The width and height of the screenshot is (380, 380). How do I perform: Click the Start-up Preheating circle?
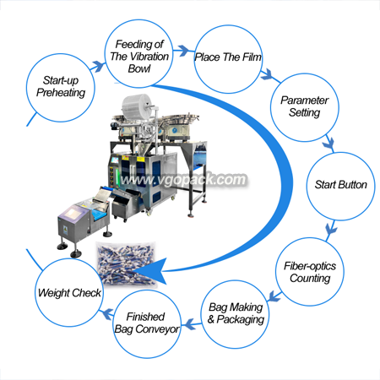click(x=61, y=88)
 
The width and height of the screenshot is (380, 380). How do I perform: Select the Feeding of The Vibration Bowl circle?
click(x=139, y=53)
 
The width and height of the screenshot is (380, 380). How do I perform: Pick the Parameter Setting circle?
click(x=305, y=107)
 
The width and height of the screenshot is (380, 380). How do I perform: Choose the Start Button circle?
click(x=340, y=186)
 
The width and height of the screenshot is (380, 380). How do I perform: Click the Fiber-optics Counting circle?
click(x=310, y=272)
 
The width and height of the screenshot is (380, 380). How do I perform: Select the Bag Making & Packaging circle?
click(x=235, y=314)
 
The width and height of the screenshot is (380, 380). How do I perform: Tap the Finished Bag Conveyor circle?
click(x=147, y=324)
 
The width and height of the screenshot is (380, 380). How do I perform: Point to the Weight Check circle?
click(x=69, y=292)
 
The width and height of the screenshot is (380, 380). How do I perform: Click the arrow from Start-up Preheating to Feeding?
click(x=97, y=67)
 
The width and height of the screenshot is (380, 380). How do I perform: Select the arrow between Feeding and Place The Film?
click(x=183, y=51)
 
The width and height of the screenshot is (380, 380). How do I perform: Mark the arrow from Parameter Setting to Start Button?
click(x=328, y=144)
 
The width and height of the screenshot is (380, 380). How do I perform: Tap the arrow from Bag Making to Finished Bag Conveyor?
click(x=192, y=324)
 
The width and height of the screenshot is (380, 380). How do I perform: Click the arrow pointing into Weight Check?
click(x=107, y=313)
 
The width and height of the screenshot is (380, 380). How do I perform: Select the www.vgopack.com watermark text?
click(x=183, y=180)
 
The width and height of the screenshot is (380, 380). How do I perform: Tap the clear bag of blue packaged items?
click(x=126, y=263)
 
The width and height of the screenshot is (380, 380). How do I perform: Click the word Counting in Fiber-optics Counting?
click(x=310, y=279)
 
